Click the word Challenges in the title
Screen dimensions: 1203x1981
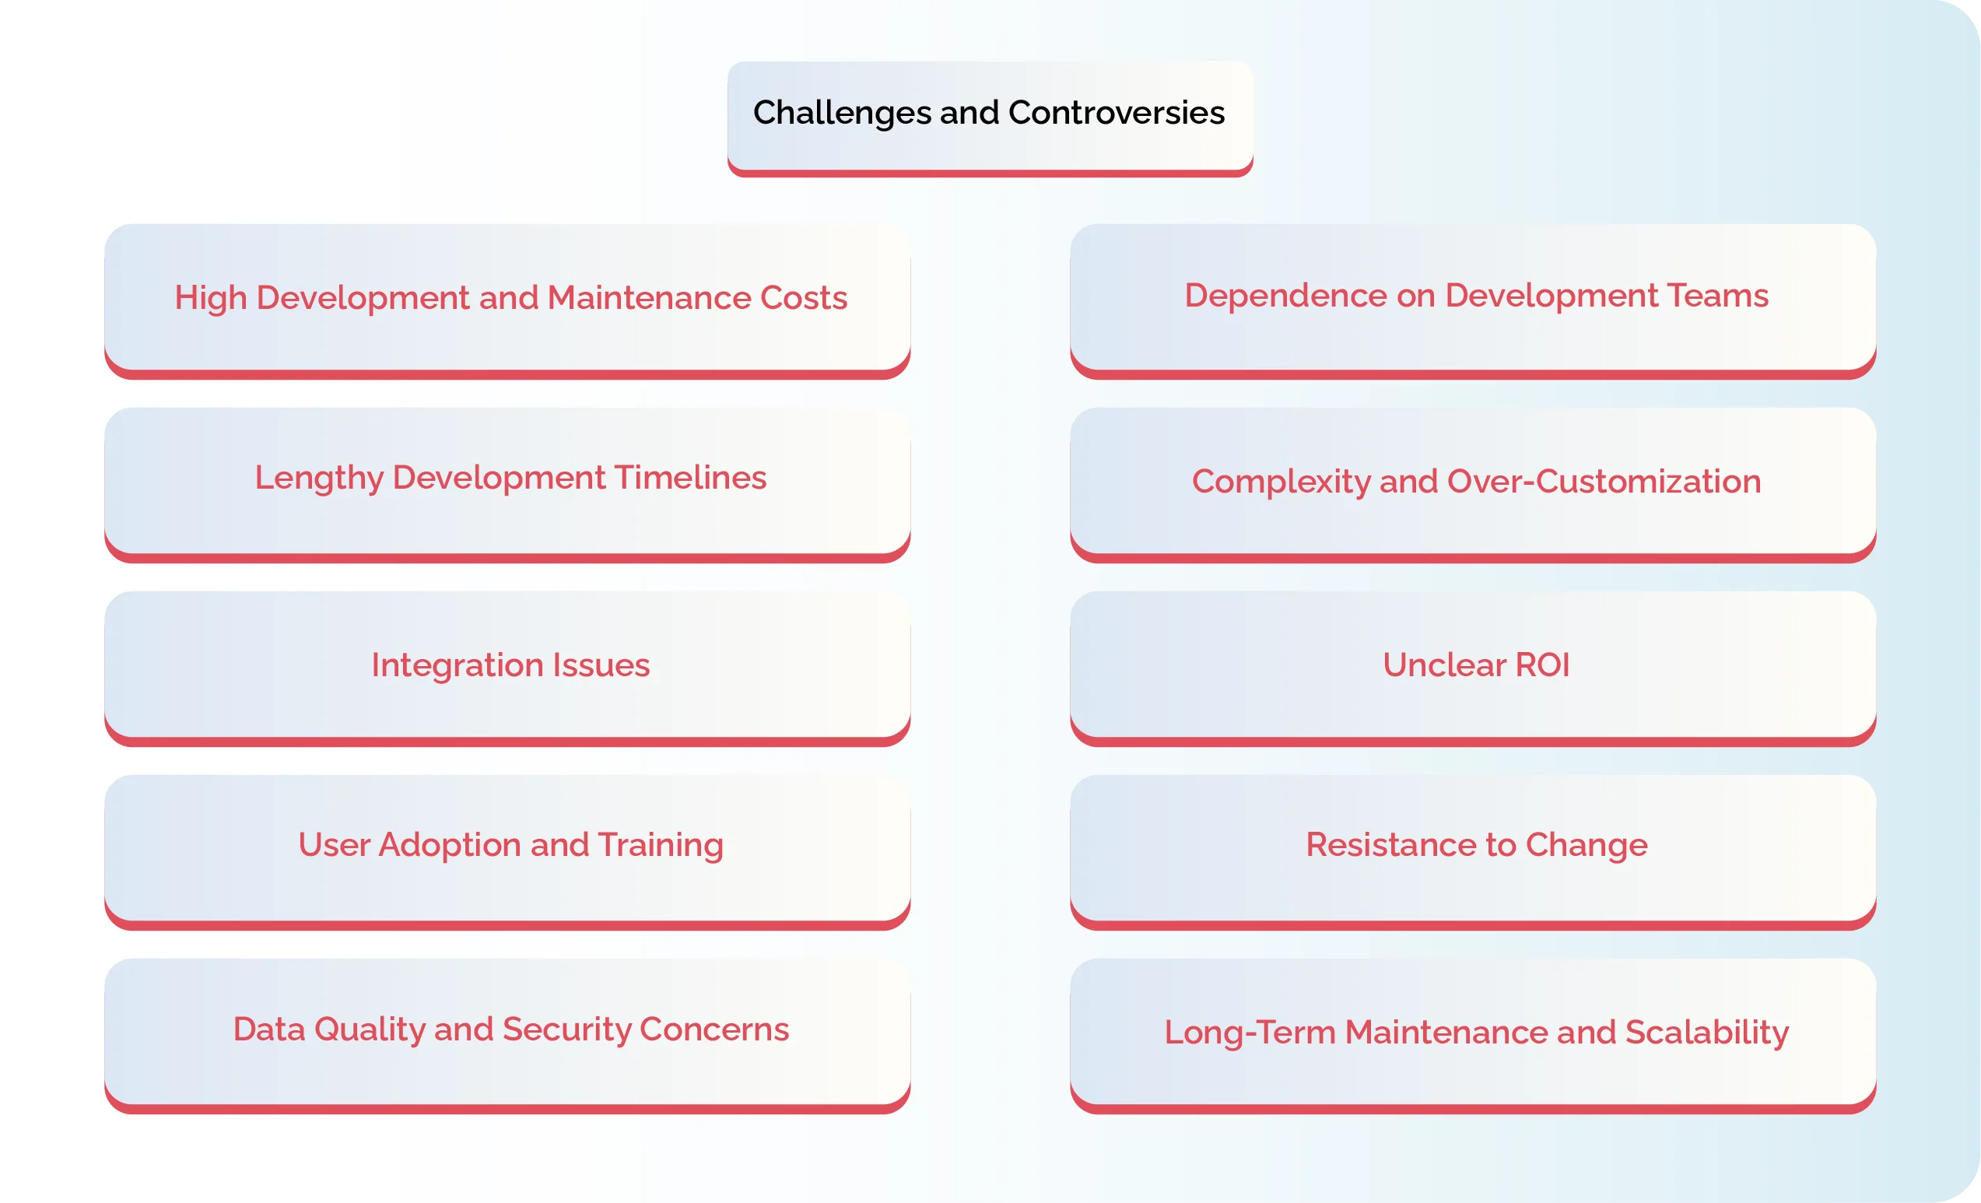click(x=842, y=114)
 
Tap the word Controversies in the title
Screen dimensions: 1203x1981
click(x=1116, y=114)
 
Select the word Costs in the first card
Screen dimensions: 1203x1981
click(x=803, y=298)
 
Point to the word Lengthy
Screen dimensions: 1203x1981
click(x=319, y=479)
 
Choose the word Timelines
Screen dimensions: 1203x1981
click(x=691, y=479)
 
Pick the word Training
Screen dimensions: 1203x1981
click(x=660, y=846)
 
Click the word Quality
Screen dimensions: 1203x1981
click(x=369, y=1030)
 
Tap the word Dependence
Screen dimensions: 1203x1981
click(x=1285, y=296)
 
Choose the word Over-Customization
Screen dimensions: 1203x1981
click(x=1604, y=482)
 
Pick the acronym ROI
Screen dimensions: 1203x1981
click(x=1542, y=666)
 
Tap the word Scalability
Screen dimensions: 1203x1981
click(x=1707, y=1033)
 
